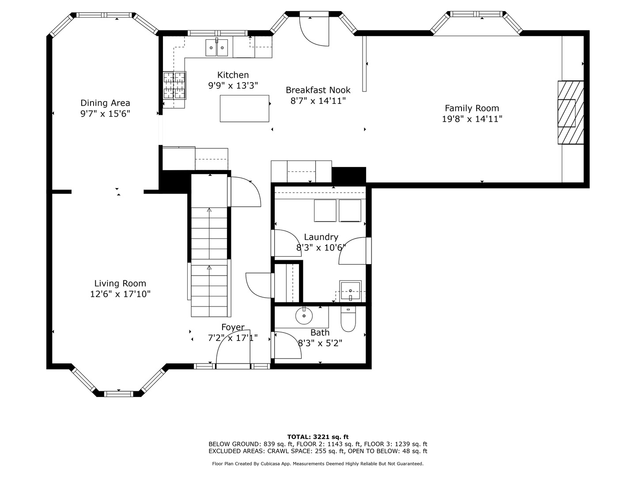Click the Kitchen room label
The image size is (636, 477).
coord(233,75)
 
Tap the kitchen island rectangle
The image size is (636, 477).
coord(244,108)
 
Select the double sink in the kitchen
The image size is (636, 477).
coord(217,48)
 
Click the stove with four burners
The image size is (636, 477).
coord(174,85)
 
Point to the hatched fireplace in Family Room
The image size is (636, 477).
coord(571,112)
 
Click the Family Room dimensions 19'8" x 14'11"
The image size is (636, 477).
coord(472,119)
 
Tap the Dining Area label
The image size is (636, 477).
coord(105,103)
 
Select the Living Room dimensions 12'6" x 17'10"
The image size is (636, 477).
coord(120,294)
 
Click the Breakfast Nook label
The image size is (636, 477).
coord(318,90)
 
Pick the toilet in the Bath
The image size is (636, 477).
coord(348,319)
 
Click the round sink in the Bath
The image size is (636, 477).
coord(304,316)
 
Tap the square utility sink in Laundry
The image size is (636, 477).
coord(350,291)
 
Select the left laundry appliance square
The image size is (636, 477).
coord(325,211)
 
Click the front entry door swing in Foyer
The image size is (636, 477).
coord(233,349)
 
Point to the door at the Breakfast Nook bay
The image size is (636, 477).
coord(314,29)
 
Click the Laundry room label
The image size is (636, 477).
coord(321,237)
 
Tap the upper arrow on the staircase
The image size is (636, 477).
coord(209,210)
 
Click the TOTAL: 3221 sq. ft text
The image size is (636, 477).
coord(318,437)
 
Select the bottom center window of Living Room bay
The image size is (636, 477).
coord(118,394)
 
